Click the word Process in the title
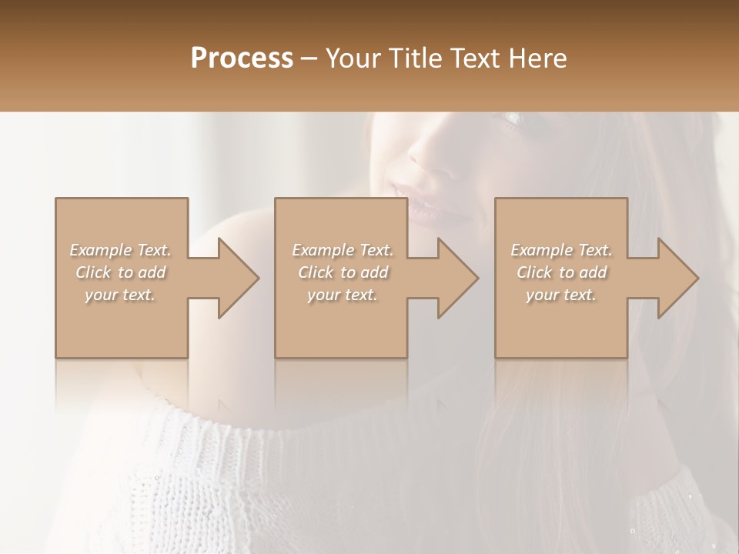(242, 58)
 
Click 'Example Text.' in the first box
(121, 250)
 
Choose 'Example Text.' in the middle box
(343, 250)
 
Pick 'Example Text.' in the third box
(561, 250)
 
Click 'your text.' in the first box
(121, 295)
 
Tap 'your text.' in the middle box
(343, 295)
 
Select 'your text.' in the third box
(561, 295)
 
